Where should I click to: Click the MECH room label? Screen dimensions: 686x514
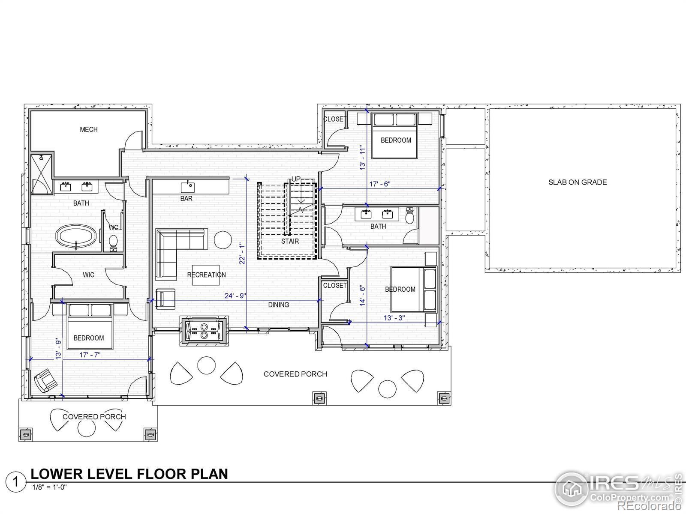(89, 129)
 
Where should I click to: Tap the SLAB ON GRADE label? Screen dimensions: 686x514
(578, 182)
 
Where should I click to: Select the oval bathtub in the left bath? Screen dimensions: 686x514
(76, 236)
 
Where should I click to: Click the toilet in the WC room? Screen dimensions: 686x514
(113, 243)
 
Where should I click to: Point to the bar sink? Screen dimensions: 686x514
(188, 187)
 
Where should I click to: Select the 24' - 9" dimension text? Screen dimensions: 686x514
(235, 296)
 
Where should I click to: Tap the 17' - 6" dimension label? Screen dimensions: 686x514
(380, 184)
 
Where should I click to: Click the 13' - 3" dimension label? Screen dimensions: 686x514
(394, 318)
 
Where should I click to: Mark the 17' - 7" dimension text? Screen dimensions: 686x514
(90, 355)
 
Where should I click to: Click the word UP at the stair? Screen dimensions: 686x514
(296, 179)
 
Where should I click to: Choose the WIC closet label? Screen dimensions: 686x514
(88, 275)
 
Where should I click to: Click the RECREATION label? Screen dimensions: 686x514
(206, 275)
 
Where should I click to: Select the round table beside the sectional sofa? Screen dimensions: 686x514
(223, 240)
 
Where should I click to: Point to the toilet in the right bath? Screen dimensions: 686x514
(409, 215)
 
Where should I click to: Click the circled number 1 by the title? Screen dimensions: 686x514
(15, 482)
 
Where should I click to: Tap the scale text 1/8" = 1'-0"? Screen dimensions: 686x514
(49, 487)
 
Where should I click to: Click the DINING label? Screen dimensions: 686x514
(278, 305)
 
